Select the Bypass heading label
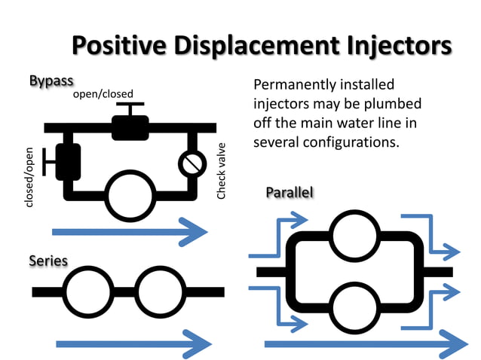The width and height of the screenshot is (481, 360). (51, 81)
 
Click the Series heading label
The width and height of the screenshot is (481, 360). (48, 261)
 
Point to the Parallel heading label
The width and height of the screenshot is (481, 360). (289, 193)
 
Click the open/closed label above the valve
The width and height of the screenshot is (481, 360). (103, 93)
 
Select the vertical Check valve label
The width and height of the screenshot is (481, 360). (221, 171)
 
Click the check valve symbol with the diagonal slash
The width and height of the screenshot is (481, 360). (192, 163)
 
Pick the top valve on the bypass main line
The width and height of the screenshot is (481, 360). (130, 125)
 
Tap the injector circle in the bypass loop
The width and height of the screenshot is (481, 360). (130, 194)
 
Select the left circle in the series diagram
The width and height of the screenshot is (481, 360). (87, 291)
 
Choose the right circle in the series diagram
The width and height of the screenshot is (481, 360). (161, 291)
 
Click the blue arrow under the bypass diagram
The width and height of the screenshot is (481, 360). (128, 232)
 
